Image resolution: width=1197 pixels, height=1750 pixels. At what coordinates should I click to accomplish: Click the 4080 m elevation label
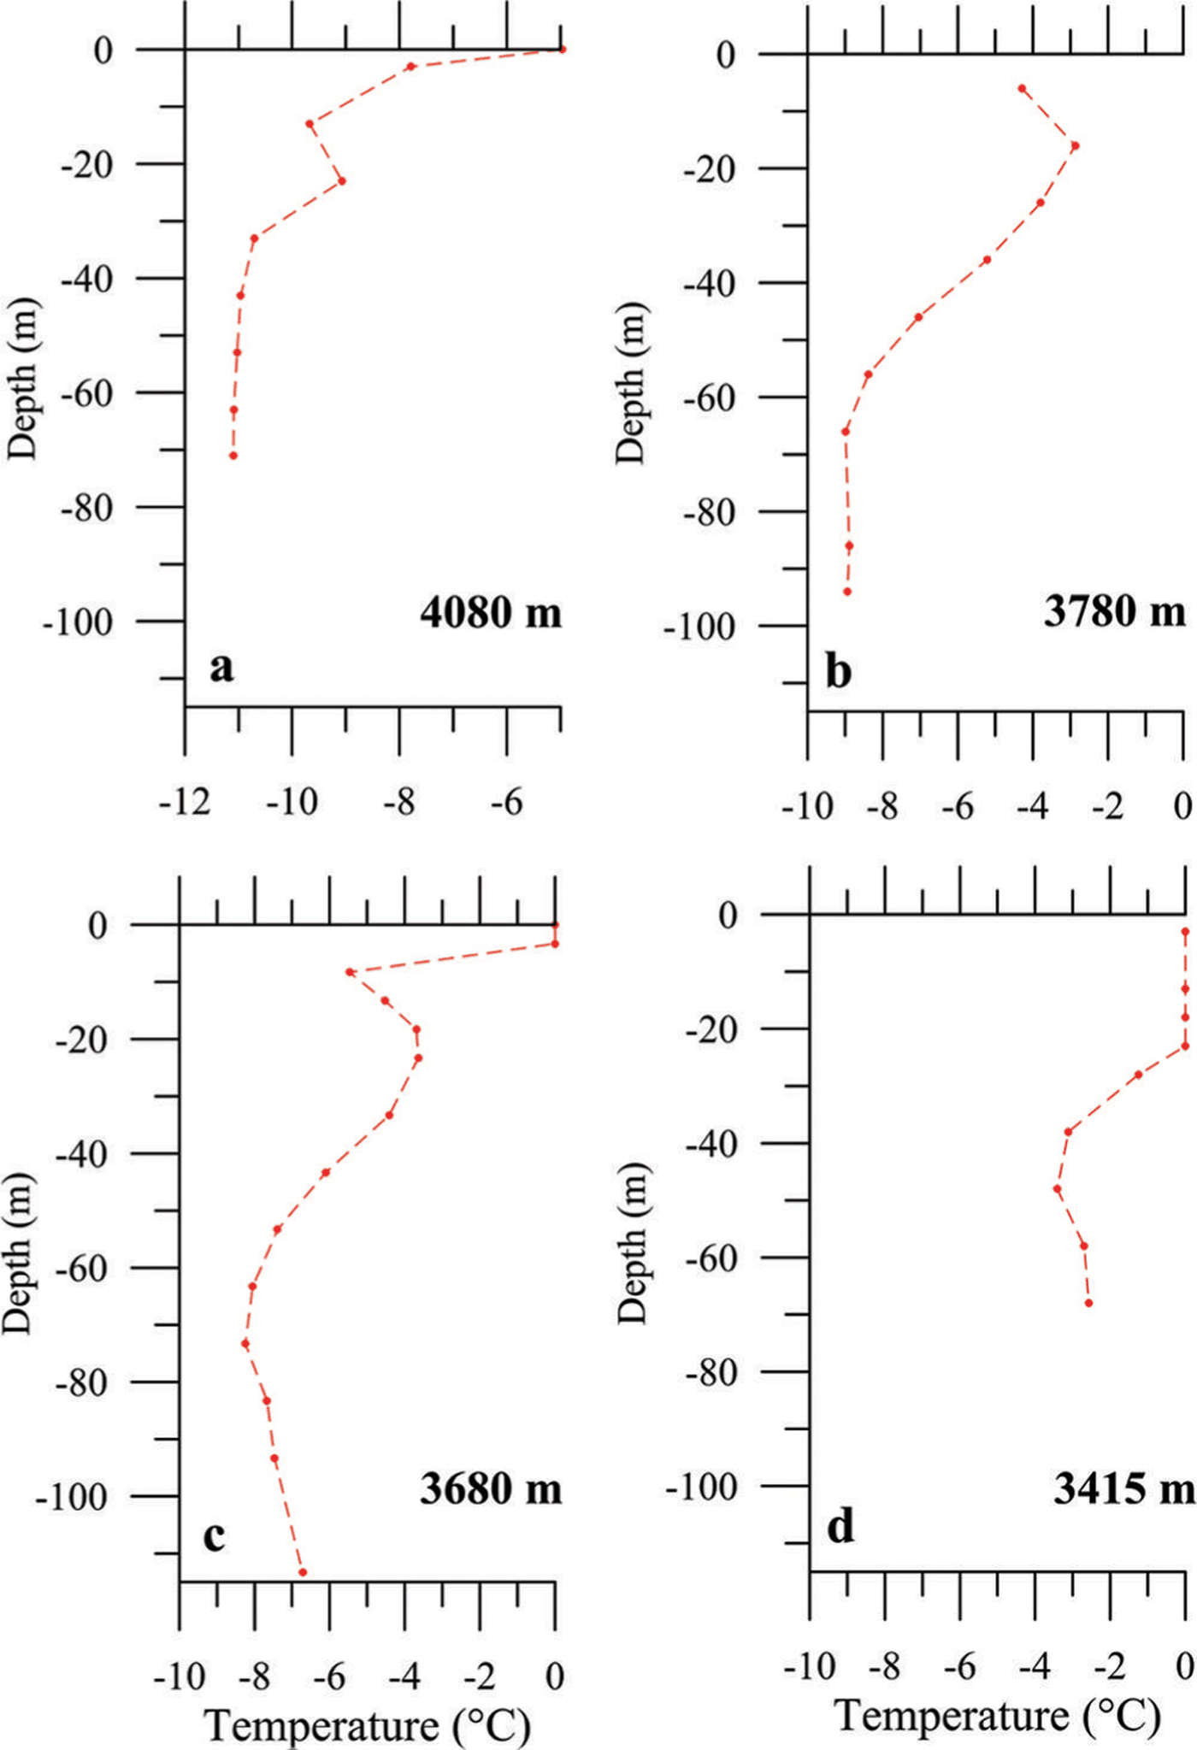point(491,613)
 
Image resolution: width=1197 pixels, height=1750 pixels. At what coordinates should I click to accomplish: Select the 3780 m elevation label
point(1114,611)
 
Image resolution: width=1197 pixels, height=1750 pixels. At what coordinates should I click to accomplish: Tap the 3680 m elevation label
point(491,1488)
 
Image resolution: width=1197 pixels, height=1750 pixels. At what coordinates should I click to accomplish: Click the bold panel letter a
point(221,667)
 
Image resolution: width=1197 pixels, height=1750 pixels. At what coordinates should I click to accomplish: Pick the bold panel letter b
point(838,672)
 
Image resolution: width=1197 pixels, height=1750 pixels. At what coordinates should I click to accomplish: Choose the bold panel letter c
point(214,1536)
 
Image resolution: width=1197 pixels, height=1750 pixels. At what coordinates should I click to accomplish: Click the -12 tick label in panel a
point(185,803)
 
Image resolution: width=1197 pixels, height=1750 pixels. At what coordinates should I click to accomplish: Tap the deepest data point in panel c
point(303,1572)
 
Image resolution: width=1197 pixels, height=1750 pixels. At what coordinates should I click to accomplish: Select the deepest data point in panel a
point(233,456)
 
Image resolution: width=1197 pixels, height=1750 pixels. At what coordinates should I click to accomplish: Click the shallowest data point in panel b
point(1022,88)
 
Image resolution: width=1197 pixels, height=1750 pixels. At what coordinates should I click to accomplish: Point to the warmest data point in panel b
point(1075,145)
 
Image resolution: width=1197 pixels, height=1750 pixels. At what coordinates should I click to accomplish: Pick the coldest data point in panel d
point(1058,1188)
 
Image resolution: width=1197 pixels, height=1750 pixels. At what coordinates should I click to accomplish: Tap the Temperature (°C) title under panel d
point(998,1693)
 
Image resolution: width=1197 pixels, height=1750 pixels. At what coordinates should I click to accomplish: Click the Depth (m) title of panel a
point(22,378)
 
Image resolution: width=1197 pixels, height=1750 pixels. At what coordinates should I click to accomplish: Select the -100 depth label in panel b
point(699,628)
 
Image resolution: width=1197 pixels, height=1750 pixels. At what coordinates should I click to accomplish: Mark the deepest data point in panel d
point(1088,1303)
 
